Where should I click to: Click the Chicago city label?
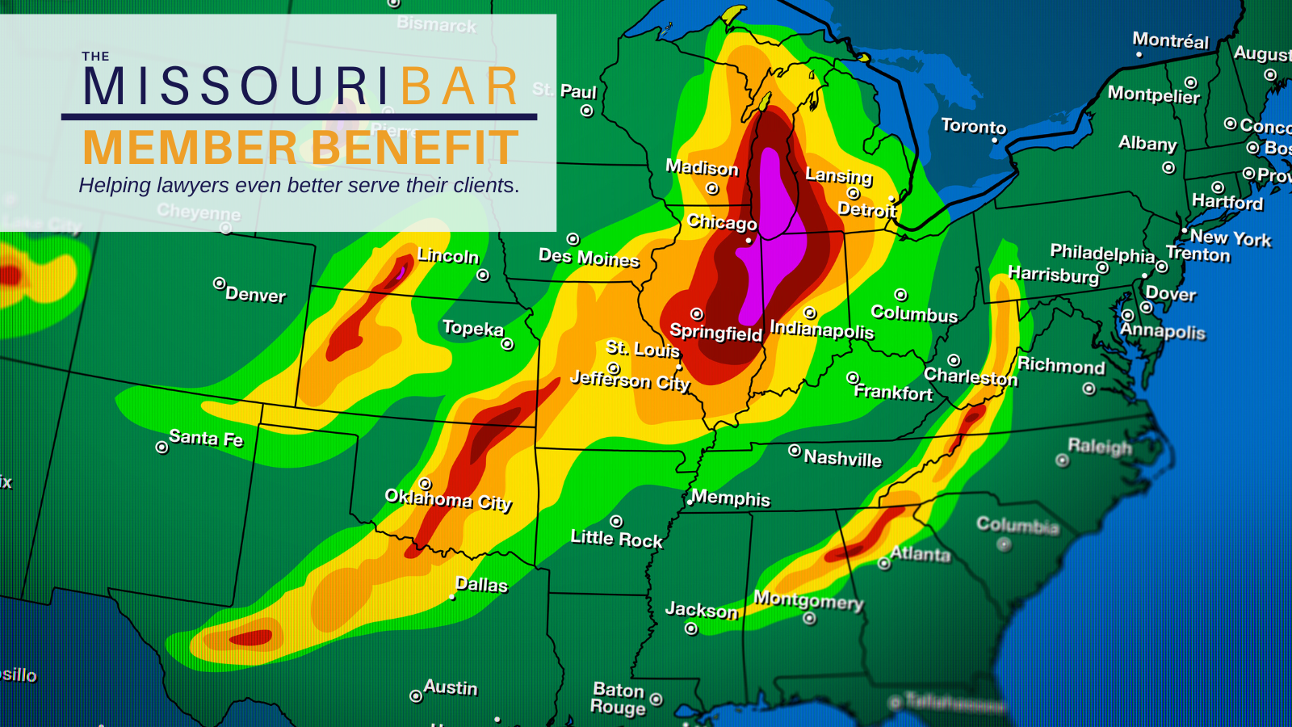722,222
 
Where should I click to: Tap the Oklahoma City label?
448,499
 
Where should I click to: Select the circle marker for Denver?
219,284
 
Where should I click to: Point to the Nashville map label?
842,458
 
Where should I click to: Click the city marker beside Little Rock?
616,521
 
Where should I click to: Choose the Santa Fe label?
206,438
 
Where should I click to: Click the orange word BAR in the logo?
459,86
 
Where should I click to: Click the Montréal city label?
1170,40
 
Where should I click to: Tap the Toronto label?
974,126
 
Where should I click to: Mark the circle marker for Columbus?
901,295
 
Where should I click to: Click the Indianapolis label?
822,330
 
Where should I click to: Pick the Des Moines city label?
589,258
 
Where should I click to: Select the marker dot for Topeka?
507,344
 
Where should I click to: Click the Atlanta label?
921,554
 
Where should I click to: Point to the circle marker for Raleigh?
1062,460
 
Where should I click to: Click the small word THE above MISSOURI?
95,57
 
